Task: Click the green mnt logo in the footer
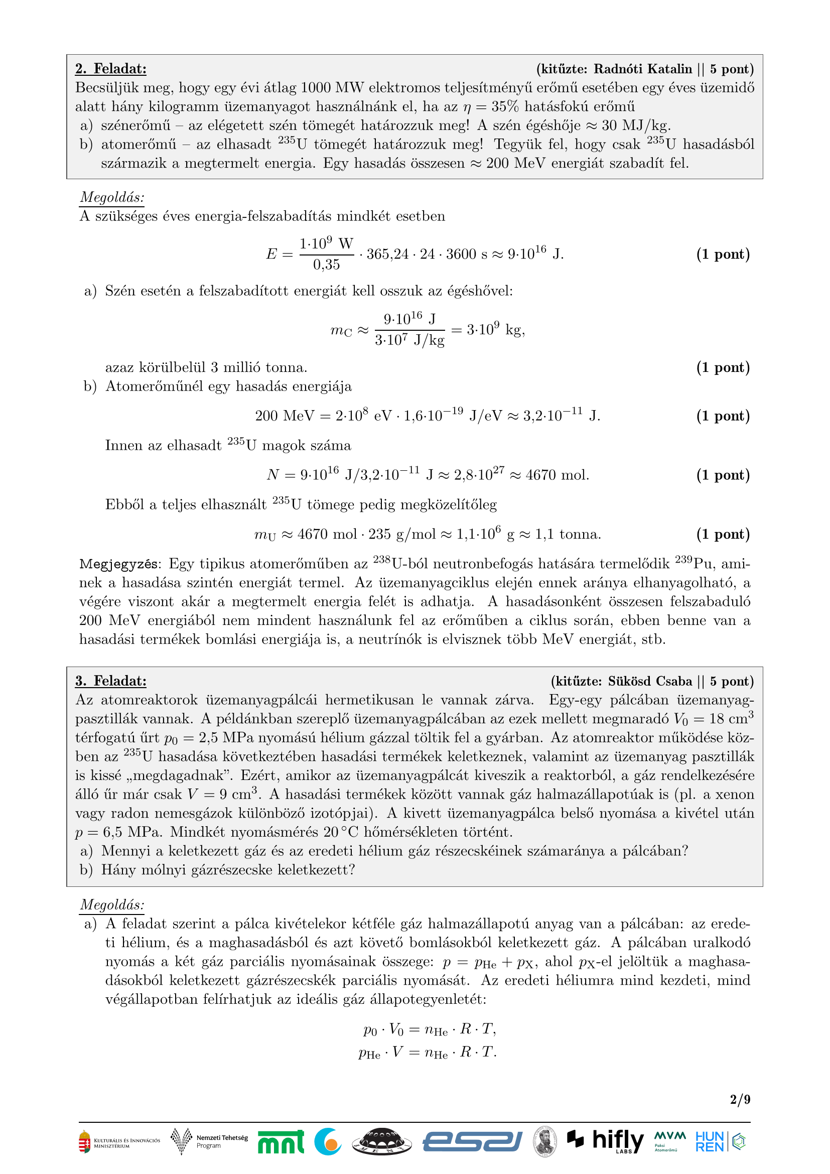click(281, 1141)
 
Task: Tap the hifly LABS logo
click(606, 1141)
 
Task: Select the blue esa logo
click(472, 1141)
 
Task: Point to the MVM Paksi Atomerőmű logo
click(669, 1141)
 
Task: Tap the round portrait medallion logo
click(545, 1141)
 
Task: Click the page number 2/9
click(740, 1099)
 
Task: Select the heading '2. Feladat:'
click(111, 69)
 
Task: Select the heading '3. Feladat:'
click(111, 681)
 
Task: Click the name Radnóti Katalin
click(642, 69)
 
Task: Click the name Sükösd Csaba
click(649, 681)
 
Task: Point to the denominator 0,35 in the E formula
click(326, 265)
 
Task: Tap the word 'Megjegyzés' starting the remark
click(119, 564)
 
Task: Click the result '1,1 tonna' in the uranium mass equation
click(568, 535)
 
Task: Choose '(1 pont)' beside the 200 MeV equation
click(723, 416)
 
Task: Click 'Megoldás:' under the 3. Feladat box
click(112, 904)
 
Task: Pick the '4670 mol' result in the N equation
click(557, 475)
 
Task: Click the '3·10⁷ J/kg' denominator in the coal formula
click(409, 340)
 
